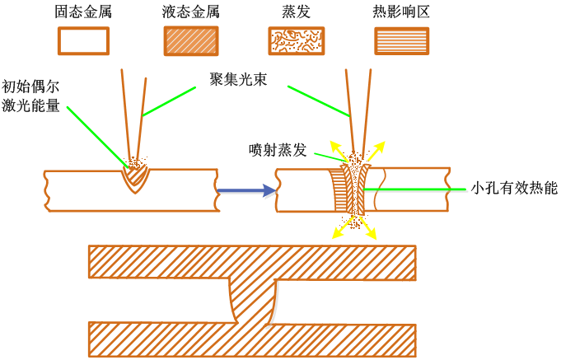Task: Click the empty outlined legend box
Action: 83,41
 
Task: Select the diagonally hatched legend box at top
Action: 191,41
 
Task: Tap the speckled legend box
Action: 297,41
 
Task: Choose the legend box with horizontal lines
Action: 402,41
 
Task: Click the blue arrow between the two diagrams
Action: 247,191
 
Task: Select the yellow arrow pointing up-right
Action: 376,151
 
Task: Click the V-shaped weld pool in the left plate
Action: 135,178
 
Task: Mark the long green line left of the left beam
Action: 97,137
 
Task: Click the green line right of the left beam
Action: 169,101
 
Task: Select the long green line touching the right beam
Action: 319,101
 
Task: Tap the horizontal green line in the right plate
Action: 416,190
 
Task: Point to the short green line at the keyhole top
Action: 331,157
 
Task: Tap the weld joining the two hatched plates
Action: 252,302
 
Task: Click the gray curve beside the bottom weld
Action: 275,305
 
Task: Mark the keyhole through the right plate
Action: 356,191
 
